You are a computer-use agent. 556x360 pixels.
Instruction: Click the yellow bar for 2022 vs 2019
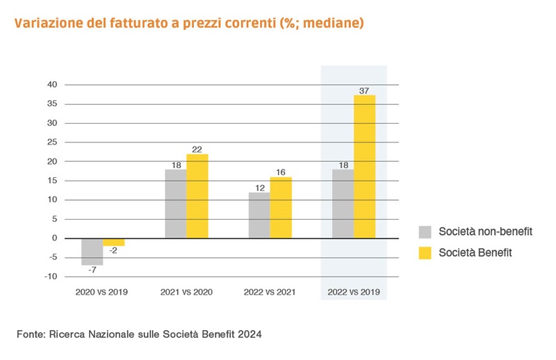[364, 167]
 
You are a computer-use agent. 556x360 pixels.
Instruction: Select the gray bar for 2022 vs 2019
[343, 204]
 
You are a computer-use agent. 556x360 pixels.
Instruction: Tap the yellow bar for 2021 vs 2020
[197, 196]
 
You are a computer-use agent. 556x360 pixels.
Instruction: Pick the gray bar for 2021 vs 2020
[175, 204]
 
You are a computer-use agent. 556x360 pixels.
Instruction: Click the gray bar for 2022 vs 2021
[259, 215]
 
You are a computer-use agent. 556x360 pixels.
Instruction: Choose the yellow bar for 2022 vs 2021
[281, 208]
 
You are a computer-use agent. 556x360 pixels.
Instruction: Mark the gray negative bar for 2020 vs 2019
[92, 252]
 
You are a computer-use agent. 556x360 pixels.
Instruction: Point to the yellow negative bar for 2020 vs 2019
[113, 242]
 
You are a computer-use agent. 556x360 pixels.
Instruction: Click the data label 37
[364, 90]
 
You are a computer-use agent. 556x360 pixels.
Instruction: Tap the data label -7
[92, 271]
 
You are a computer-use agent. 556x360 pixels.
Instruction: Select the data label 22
[197, 148]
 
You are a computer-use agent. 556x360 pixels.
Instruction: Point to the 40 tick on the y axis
[50, 85]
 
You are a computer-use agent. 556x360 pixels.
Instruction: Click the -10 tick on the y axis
[49, 277]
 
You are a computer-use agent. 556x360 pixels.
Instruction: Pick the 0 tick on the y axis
[53, 238]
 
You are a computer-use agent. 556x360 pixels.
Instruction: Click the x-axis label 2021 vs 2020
[186, 292]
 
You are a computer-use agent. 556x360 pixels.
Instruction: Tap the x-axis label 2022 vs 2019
[353, 292]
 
